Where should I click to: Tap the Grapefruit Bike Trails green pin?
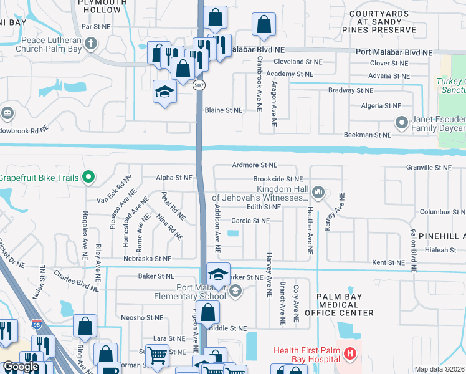pos(88,178)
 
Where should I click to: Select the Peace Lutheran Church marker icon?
pos(92,43)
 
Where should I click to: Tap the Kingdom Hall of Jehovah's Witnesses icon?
pos(318,193)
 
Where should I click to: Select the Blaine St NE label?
pos(223,110)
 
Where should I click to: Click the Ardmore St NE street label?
pos(254,165)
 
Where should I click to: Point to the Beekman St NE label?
pos(368,135)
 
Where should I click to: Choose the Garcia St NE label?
pos(250,221)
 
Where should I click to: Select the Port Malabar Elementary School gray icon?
pos(235,290)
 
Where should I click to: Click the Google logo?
pos(21,367)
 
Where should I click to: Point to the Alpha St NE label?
pos(174,178)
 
